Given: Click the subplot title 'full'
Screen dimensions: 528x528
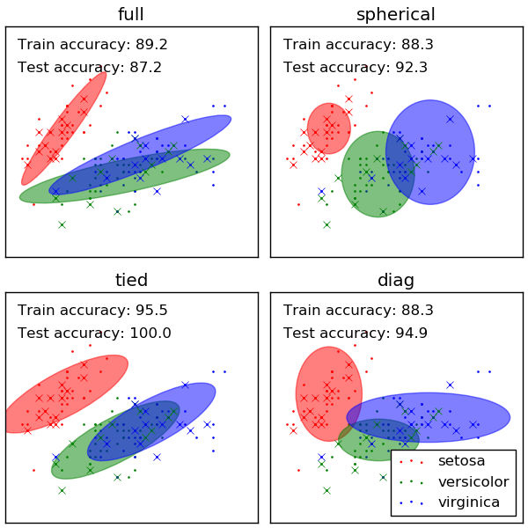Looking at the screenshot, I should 131,14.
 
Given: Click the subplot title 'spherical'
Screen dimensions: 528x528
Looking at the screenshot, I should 395,14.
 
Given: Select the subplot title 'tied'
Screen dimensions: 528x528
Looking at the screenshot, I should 131,280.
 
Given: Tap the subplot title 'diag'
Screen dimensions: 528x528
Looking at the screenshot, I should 395,280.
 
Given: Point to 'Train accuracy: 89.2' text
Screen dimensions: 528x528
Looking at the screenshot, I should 80,44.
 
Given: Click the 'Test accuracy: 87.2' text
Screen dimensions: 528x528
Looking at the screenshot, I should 77,67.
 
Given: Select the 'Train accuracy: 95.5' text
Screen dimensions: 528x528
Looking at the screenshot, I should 80,310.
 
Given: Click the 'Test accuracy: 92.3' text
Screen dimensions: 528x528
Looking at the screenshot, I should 343,67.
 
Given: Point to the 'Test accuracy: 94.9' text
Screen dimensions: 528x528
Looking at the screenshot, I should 343,333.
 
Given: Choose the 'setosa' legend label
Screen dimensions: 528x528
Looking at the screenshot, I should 461,460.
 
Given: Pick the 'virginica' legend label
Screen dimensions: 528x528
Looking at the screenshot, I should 468,502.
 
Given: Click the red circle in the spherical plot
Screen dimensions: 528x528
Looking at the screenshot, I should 329,128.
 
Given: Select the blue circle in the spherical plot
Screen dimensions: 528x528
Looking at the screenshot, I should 430,152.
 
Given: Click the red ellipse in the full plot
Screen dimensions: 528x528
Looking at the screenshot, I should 63,128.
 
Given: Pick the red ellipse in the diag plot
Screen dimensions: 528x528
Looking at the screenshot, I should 328,393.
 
